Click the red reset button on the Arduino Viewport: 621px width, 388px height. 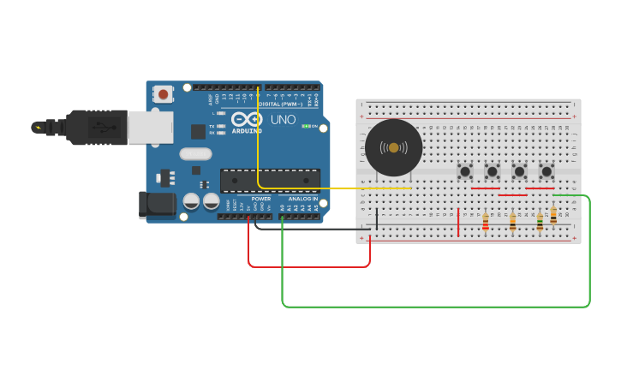point(163,93)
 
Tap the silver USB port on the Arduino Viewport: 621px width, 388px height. point(150,127)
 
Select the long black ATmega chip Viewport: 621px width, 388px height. point(270,180)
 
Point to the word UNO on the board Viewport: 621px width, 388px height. point(283,120)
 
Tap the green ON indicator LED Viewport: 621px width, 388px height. point(305,127)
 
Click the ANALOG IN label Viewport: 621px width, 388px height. point(302,199)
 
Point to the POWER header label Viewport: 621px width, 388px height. point(260,199)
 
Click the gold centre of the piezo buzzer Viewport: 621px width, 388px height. point(393,148)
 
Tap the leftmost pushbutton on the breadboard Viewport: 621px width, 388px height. point(465,171)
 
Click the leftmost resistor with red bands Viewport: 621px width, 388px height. point(486,222)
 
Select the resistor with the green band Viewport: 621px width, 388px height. point(540,221)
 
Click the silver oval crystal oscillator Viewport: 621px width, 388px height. point(195,154)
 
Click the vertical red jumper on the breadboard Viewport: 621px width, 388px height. point(458,222)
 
